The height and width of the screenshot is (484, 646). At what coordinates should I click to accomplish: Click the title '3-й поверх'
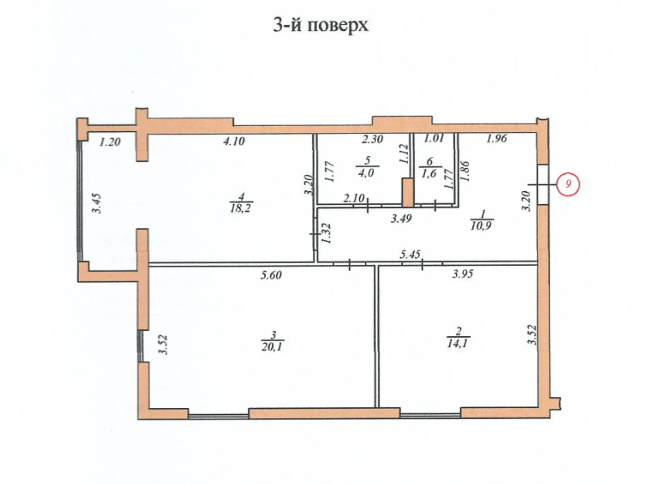321,25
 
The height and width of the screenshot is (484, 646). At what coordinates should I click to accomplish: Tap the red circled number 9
568,184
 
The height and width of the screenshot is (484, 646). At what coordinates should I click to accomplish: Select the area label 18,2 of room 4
241,209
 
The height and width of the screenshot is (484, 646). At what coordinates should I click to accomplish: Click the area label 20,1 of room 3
273,346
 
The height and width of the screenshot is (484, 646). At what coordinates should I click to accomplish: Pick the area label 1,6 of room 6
429,173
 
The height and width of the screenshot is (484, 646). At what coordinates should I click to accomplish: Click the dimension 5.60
271,275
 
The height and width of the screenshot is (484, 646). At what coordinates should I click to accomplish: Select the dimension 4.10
234,142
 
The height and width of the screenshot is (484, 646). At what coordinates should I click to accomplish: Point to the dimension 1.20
110,142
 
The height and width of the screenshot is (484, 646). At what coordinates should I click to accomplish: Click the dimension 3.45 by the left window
96,204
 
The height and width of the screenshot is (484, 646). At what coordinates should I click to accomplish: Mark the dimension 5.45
410,255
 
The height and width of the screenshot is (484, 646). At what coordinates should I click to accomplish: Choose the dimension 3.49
401,219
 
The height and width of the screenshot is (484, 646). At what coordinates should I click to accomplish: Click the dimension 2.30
372,140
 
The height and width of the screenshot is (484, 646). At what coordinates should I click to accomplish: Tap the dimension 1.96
496,139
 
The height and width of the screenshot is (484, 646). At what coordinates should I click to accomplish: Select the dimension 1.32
327,233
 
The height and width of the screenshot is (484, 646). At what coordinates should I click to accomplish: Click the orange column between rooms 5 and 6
407,193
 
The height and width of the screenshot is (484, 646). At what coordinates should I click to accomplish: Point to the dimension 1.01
434,138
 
